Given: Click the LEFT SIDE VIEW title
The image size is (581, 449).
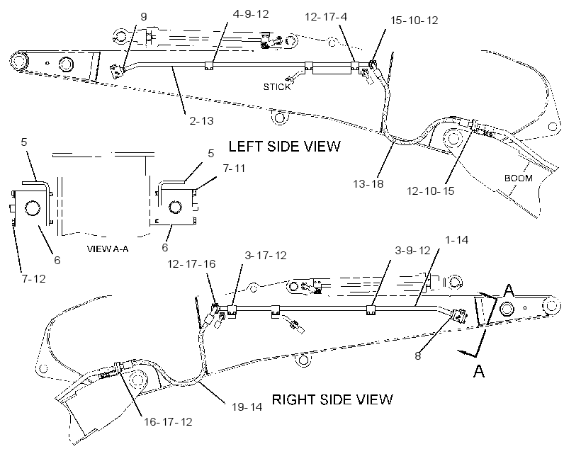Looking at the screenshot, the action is (x=284, y=147).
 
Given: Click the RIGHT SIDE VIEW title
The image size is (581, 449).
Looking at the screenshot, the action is (x=332, y=399).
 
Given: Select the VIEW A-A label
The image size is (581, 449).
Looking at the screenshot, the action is (x=108, y=249).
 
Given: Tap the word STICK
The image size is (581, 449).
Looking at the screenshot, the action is (x=277, y=87).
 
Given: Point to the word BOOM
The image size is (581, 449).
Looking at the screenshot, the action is (x=519, y=178).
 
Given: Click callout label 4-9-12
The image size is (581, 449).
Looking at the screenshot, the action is (x=251, y=14).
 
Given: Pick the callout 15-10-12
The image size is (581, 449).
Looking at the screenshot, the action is (x=414, y=21).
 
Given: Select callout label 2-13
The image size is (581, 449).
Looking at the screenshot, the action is (x=201, y=121).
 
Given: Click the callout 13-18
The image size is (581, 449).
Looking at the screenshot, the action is (x=368, y=183).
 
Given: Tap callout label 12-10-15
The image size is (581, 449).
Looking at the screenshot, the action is (x=431, y=191).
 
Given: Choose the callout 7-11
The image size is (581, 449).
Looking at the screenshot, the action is (x=235, y=169).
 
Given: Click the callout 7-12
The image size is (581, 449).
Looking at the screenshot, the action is (x=34, y=278).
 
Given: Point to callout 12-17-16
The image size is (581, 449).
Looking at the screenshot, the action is (x=191, y=263).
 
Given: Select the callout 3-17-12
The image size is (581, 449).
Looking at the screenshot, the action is (x=265, y=256).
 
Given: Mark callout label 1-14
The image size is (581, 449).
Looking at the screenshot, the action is (x=456, y=240).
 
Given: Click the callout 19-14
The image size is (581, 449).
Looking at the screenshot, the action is (x=247, y=407).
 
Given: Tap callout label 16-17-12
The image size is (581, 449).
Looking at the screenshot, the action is (x=168, y=422).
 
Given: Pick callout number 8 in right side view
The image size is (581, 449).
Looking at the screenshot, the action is (x=418, y=356).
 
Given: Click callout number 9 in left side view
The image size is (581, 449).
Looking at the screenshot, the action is (x=144, y=17).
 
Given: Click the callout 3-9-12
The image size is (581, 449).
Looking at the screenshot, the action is (x=412, y=251).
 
